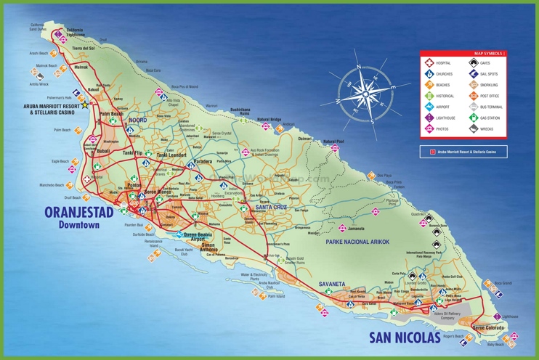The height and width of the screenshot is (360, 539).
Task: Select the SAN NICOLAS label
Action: tap(405, 337)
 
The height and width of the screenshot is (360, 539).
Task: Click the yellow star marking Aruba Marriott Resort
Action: tap(84, 105)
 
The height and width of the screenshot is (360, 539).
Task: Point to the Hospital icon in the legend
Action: tap(429, 63)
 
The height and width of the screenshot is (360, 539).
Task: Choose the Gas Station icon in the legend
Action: tap(474, 118)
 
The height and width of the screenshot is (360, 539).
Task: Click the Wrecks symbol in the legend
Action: tap(474, 128)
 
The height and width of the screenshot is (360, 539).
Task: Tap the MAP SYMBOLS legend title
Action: tap(488, 54)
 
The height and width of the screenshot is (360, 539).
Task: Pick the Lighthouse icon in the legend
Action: tap(429, 118)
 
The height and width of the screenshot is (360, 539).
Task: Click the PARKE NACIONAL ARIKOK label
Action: tap(357, 241)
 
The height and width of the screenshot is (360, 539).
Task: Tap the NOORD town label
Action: tap(137, 120)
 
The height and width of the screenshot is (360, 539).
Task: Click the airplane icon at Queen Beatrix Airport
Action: tap(179, 234)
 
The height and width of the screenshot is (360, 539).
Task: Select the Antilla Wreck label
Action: tap(39, 83)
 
